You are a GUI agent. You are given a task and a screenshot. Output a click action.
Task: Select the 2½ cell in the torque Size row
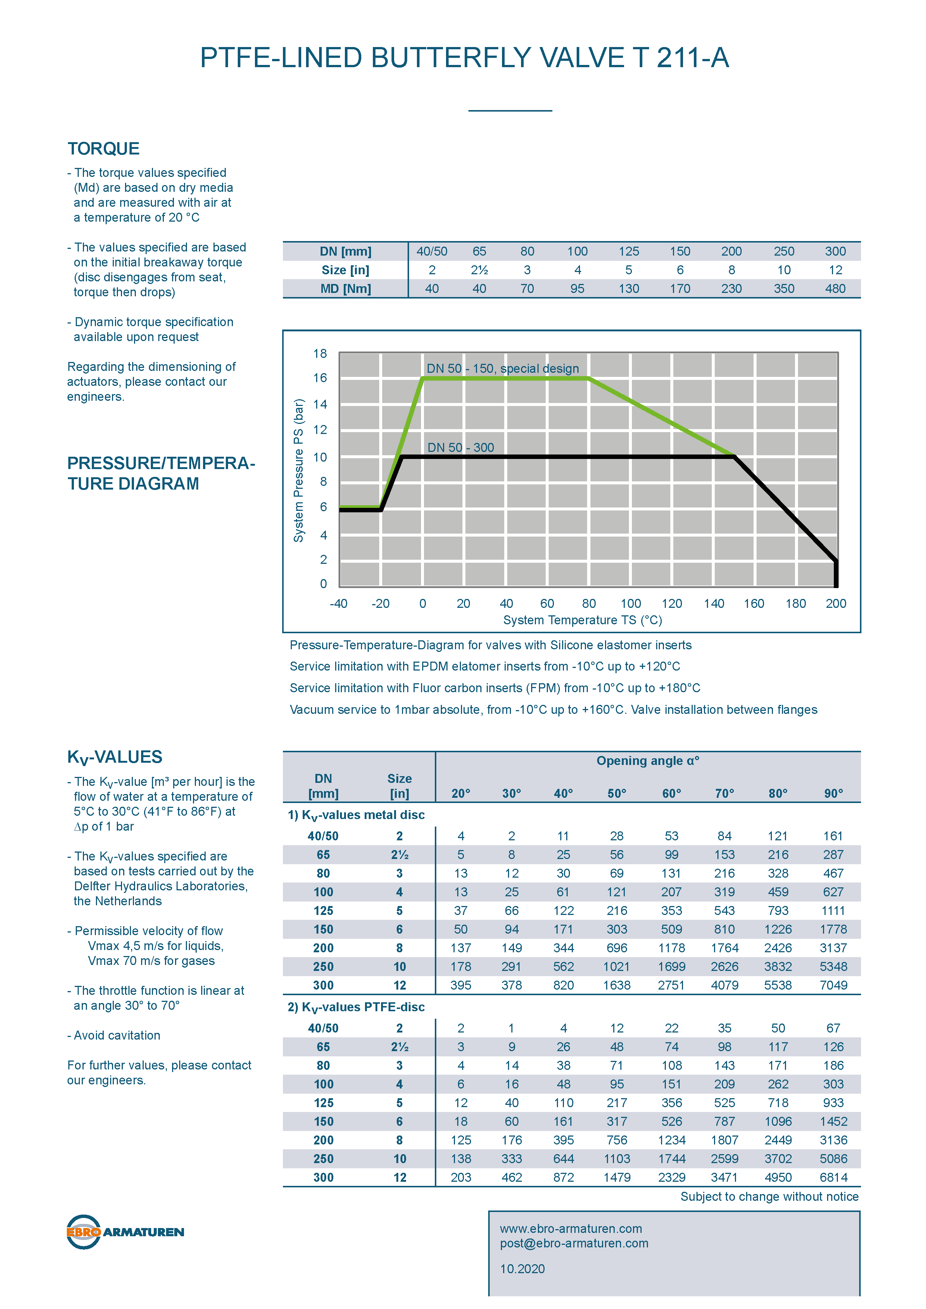[479, 270]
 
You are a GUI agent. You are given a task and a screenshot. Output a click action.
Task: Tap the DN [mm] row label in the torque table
[346, 252]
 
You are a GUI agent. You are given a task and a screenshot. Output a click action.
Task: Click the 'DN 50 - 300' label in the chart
[461, 447]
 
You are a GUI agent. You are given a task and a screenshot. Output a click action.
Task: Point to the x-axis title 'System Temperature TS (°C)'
[582, 620]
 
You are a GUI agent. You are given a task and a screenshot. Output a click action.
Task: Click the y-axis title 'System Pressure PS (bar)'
[298, 470]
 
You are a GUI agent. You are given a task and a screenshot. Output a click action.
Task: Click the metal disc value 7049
[833, 985]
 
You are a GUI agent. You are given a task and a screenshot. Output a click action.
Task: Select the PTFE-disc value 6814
[833, 1177]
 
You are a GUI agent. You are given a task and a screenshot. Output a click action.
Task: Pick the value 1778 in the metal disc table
[833, 929]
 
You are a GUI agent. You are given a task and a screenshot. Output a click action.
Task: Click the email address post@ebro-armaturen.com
[574, 1243]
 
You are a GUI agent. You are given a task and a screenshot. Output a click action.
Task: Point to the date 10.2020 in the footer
[522, 1269]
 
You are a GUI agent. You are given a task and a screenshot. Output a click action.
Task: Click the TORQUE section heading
[103, 149]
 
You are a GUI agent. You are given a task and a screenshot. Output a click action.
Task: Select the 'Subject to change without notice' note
[769, 1197]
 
